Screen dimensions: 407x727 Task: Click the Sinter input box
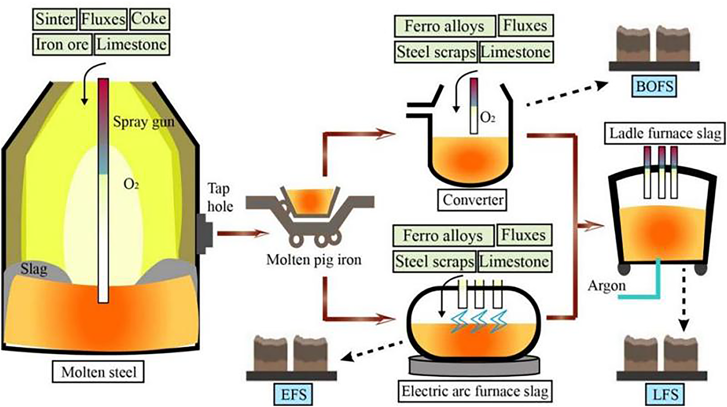tap(55, 19)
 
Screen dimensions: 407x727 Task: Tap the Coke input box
tap(149, 19)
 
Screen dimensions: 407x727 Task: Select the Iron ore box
tap(62, 44)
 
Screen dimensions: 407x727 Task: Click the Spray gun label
tap(144, 121)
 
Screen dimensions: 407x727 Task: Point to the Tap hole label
tap(220, 198)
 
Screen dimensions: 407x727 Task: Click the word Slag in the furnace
tap(33, 268)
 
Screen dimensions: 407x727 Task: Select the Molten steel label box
tap(98, 372)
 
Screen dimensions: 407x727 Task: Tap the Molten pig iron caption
tap(314, 259)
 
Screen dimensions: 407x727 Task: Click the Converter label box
tap(473, 200)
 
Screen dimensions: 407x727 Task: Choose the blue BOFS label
tap(654, 86)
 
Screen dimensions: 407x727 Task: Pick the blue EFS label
tap(293, 393)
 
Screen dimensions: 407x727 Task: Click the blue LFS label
tap(666, 393)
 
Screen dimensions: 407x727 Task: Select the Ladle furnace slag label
tap(665, 133)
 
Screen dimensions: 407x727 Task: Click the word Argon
tap(607, 286)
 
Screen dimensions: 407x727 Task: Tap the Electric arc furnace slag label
tap(475, 391)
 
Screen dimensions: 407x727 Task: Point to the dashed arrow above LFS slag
tap(684, 303)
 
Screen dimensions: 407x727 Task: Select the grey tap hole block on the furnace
tap(205, 234)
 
